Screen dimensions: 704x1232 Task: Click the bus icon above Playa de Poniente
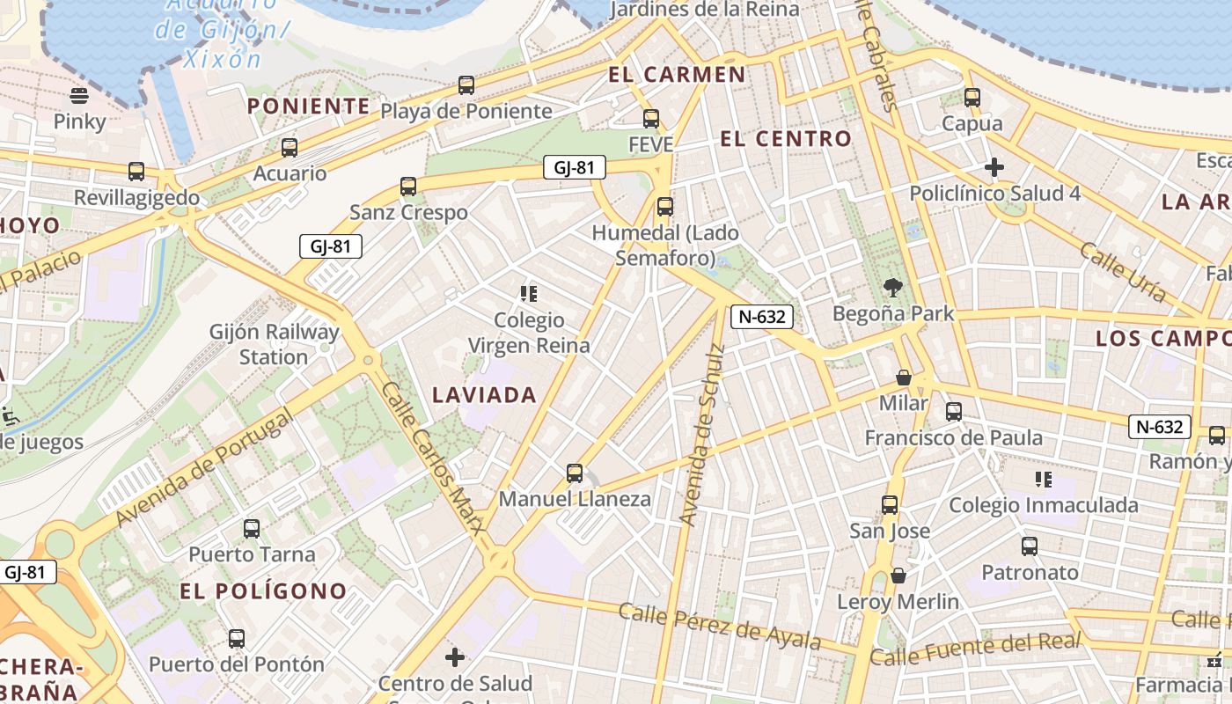466,85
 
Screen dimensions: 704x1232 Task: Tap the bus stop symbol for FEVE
651,119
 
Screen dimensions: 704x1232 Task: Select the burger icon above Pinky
79,95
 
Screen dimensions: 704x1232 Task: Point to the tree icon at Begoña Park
893,287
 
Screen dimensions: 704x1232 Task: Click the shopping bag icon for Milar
903,378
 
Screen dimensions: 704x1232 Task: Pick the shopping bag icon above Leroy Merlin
898,576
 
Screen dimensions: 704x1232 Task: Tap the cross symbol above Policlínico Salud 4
994,167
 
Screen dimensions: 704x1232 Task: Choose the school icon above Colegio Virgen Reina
528,294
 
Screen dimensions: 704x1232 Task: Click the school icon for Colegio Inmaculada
1043,480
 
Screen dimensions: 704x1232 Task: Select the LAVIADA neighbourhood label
484,395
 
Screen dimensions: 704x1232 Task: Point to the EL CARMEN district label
677,75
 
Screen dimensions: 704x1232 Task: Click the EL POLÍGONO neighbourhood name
263,590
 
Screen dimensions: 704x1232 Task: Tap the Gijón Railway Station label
274,345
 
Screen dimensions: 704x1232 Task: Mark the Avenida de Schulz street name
701,436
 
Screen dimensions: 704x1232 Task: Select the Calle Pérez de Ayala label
720,626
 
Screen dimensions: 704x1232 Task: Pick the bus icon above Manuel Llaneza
575,473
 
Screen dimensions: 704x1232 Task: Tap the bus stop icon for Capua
972,98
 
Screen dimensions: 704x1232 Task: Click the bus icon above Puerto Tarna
252,529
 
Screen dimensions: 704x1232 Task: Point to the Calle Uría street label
1122,273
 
